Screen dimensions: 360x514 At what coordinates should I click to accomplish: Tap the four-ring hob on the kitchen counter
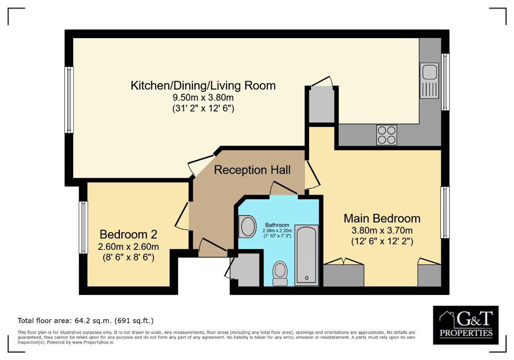click(x=386, y=135)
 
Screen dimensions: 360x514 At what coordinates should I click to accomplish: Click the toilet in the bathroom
click(x=281, y=273)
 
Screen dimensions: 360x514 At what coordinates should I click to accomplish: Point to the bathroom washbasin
click(x=247, y=227)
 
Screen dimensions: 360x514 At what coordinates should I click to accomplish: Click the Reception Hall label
click(x=252, y=170)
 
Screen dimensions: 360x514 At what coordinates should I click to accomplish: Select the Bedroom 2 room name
click(x=128, y=234)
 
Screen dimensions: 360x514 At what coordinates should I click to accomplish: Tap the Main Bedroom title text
click(x=382, y=219)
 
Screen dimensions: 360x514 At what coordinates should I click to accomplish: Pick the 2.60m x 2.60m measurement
click(x=128, y=247)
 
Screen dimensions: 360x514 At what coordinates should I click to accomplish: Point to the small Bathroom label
click(x=277, y=225)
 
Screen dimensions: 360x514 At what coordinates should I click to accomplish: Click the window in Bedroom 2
click(x=83, y=227)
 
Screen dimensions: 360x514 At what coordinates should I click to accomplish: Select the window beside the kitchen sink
click(x=445, y=82)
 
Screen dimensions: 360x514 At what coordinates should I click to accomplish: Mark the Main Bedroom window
click(x=445, y=213)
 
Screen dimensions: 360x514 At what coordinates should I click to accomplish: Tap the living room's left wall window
click(x=69, y=99)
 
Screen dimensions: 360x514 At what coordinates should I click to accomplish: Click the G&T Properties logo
click(x=465, y=325)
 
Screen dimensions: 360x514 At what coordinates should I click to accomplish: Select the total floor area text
click(x=85, y=321)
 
